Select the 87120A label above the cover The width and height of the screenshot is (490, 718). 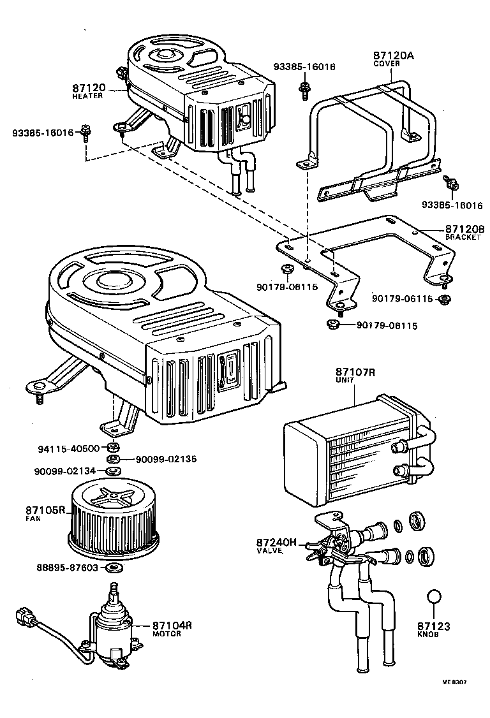click(393, 55)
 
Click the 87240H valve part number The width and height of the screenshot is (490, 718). click(278, 542)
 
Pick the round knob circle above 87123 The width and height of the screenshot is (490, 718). click(434, 597)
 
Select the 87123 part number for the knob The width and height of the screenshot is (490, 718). click(434, 626)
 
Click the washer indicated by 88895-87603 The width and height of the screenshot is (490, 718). click(113, 568)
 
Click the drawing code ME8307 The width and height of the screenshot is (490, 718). click(454, 682)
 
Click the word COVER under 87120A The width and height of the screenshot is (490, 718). click(386, 64)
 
